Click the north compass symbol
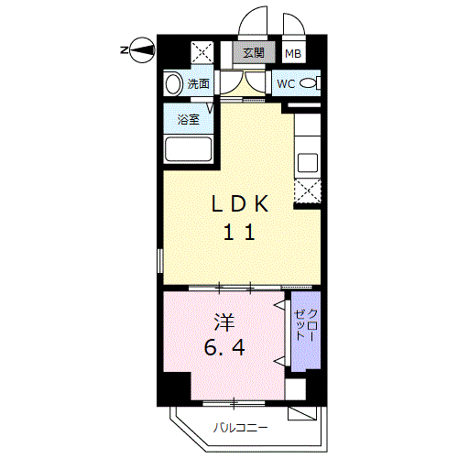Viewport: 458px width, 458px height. pos(142,49)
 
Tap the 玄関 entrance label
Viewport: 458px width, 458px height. pos(254,53)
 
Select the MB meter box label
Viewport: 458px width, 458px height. pos(293,54)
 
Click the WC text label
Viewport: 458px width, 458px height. pos(286,83)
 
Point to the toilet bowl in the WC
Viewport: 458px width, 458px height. pos(310,83)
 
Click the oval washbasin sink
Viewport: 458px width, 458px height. pos(173,83)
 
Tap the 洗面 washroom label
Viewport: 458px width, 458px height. pos(199,83)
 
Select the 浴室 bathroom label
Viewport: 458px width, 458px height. pos(189,119)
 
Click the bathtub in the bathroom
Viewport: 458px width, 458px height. pos(189,149)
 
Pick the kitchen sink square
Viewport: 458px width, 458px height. pos(308,163)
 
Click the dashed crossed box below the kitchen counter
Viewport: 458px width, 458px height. pos(307,191)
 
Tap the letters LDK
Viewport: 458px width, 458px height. pos(240,203)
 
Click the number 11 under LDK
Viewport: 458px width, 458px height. pos(239,232)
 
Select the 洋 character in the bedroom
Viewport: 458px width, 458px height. pos(224,322)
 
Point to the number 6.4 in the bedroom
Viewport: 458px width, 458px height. pos(224,347)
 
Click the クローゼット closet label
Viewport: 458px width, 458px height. pos(306,325)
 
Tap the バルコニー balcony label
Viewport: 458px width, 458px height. pos(240,428)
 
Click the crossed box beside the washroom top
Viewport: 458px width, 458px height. pos(202,52)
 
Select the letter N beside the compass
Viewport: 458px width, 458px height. pos(124,49)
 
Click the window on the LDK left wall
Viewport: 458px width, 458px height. pos(160,260)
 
